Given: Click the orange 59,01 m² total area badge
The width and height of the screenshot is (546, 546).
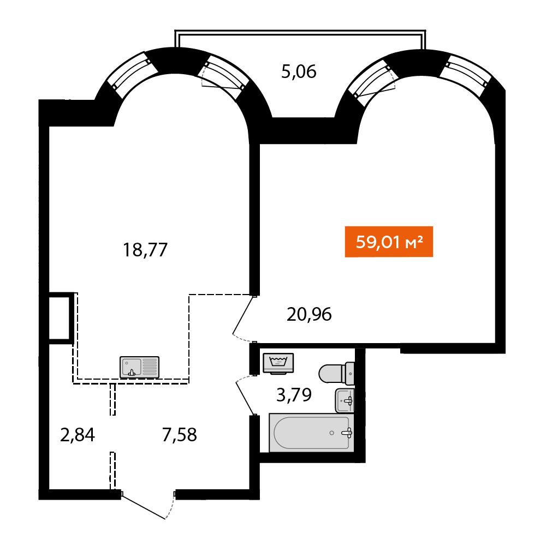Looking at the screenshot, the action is (x=389, y=242).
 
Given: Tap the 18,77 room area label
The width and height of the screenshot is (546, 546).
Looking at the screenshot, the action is (x=145, y=250).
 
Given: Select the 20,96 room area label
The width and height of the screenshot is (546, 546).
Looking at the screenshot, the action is (x=309, y=314).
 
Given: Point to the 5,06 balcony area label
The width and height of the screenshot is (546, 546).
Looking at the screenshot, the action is (x=299, y=72).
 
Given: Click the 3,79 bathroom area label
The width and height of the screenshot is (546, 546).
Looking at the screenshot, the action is (x=294, y=395).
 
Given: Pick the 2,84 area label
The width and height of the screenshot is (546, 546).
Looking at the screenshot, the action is (x=78, y=435).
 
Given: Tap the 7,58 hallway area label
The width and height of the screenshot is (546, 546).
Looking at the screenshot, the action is (x=179, y=435).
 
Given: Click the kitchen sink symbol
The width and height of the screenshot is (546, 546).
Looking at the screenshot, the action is (x=139, y=367).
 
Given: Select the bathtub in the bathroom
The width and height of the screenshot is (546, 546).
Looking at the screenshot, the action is (x=312, y=433).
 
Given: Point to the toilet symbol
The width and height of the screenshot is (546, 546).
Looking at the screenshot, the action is (x=336, y=374).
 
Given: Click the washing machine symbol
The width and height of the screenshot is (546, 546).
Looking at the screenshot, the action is (x=278, y=363).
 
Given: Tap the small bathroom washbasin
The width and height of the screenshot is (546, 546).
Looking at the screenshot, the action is (x=345, y=401).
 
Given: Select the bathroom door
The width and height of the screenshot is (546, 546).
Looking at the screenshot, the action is (x=246, y=396).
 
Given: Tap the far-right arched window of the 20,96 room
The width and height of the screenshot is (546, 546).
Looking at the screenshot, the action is (x=465, y=73).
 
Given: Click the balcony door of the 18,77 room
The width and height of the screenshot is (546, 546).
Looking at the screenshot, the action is (x=224, y=74).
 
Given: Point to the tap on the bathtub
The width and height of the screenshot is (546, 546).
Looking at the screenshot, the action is (x=347, y=433).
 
